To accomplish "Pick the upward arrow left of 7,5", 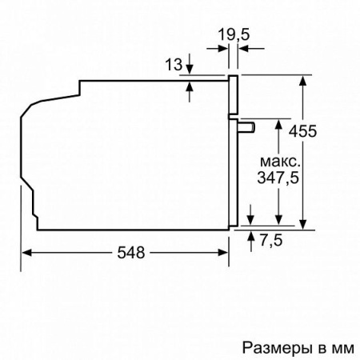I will pos(253,235).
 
